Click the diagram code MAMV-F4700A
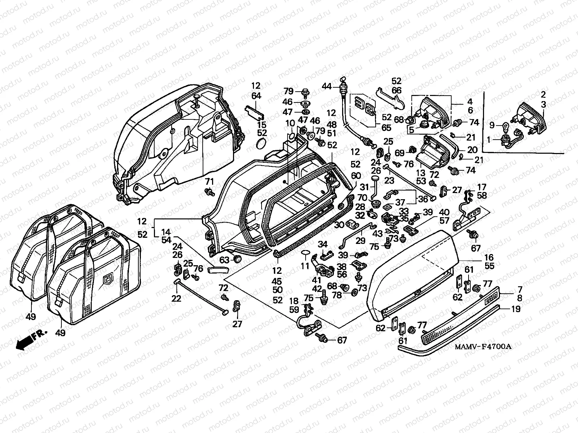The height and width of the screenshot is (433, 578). (483, 347)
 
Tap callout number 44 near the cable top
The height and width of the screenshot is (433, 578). (327, 86)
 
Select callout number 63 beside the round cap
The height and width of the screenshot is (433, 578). (224, 259)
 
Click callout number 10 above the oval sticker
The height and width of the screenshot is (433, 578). (290, 124)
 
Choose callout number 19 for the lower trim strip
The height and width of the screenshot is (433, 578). (516, 309)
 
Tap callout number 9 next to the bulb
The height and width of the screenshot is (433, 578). (491, 126)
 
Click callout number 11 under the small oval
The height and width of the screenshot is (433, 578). (305, 266)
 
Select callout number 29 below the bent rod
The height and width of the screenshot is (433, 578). (360, 241)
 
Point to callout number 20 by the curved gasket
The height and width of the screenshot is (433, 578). (472, 149)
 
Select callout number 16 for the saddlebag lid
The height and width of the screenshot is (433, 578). (489, 258)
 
